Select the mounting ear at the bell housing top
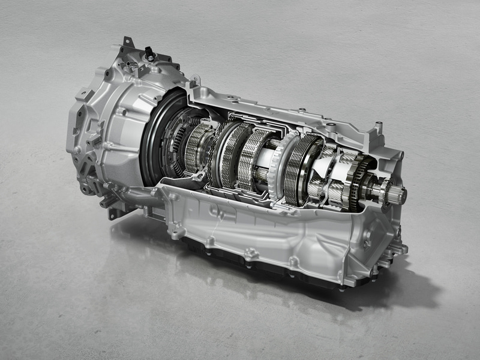(x=127, y=43)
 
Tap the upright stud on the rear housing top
(x=379, y=128)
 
